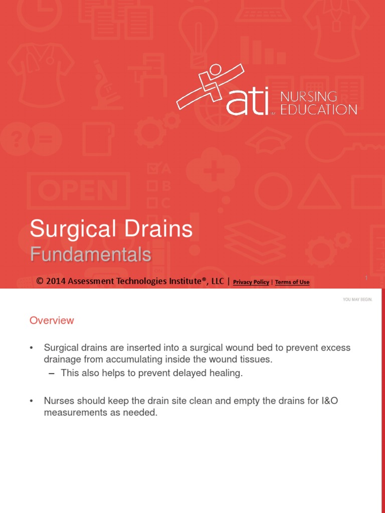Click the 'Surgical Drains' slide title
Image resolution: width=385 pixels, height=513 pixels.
(111, 229)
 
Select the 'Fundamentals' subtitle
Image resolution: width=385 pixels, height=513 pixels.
(90, 255)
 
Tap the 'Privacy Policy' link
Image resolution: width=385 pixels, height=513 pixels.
(251, 282)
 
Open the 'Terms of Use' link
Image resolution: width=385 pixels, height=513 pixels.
(292, 282)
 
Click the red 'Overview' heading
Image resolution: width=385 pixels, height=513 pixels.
(52, 321)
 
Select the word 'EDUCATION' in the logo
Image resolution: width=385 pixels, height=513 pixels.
(319, 109)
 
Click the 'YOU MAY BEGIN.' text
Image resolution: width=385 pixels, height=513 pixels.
(357, 300)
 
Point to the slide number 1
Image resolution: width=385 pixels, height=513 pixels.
(366, 278)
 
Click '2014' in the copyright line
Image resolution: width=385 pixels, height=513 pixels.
(55, 282)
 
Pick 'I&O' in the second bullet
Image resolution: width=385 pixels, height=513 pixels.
(328, 401)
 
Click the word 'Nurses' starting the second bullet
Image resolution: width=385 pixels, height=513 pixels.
(59, 401)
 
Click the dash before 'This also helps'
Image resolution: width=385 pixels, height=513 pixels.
(51, 373)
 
